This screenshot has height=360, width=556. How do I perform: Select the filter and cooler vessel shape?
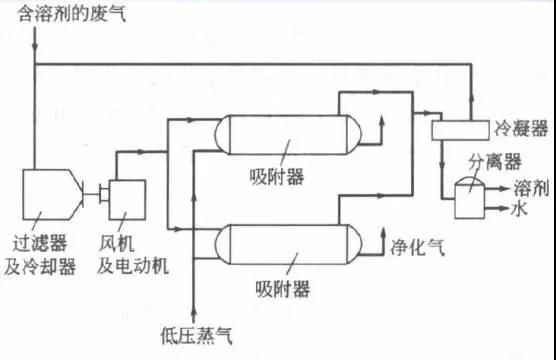point(52,194)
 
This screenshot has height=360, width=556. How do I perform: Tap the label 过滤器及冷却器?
point(40,254)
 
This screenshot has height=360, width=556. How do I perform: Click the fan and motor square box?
point(127,200)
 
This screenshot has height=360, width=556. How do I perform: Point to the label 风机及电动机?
point(133,254)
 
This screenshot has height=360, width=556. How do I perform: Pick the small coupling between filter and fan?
point(104,194)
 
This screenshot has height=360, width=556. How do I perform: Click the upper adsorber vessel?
point(288,134)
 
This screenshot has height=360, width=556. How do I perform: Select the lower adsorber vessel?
point(288,244)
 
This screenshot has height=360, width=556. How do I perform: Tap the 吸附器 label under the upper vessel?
point(277,177)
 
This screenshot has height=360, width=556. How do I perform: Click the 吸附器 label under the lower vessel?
point(283,289)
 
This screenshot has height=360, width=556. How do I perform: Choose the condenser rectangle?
point(460,130)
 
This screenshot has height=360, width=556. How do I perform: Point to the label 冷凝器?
point(521,128)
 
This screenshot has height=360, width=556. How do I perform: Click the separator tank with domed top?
point(469,197)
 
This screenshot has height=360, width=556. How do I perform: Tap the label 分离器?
point(495,162)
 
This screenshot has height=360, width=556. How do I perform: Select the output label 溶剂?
point(531,188)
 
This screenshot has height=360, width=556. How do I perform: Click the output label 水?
point(519,209)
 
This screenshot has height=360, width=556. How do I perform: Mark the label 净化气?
point(417,247)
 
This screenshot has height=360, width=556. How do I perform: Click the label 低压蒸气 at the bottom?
point(196,336)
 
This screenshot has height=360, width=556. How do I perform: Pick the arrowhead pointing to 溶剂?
point(505,189)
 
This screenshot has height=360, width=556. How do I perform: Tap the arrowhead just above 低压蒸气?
point(194,312)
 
